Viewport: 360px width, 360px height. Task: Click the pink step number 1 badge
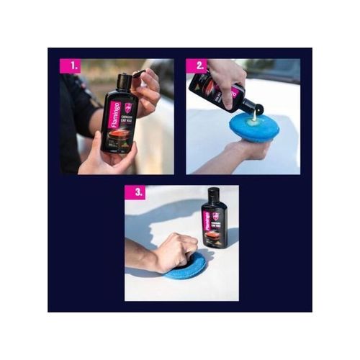point(70,66)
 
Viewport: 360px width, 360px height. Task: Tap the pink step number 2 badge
point(197,66)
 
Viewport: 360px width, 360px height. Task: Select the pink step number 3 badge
point(134,193)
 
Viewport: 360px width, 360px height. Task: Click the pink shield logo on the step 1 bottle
point(127,107)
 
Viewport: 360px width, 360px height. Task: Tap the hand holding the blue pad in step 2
point(248,151)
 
